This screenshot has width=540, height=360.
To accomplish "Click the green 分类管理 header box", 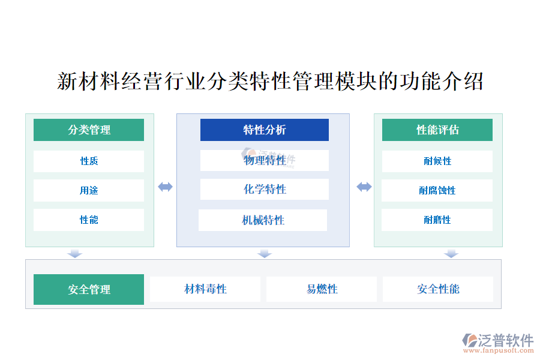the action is [89, 130].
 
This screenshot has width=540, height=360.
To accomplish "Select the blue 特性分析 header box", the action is [265, 130].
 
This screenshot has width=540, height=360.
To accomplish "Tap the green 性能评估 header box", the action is [437, 130].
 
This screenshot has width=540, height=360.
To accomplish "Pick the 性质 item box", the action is [89, 161].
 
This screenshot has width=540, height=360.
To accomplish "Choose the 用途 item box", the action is [89, 191].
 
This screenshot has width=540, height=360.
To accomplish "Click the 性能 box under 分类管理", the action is [89, 220].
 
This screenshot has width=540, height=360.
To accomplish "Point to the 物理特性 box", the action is [265, 161].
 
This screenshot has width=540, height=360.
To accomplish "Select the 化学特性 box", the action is [265, 189].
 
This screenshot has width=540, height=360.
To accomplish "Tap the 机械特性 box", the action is [263, 220].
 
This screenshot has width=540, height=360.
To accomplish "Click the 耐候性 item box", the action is [437, 161].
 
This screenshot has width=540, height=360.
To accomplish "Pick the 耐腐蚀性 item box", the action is [437, 191].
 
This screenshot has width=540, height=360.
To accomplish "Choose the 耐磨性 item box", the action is [437, 220].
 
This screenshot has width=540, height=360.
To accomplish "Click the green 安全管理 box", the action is [89, 289].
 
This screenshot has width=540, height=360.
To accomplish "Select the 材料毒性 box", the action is [205, 289].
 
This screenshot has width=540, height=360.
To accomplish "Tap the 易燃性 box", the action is [322, 289].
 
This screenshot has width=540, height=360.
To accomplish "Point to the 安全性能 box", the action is [438, 289].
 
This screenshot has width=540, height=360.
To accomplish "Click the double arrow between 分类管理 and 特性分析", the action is [166, 187].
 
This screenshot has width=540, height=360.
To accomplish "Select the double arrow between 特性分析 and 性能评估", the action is [364, 187].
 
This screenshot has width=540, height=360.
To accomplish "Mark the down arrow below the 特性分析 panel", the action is [265, 254].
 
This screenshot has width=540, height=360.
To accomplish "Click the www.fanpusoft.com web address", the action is [499, 350].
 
